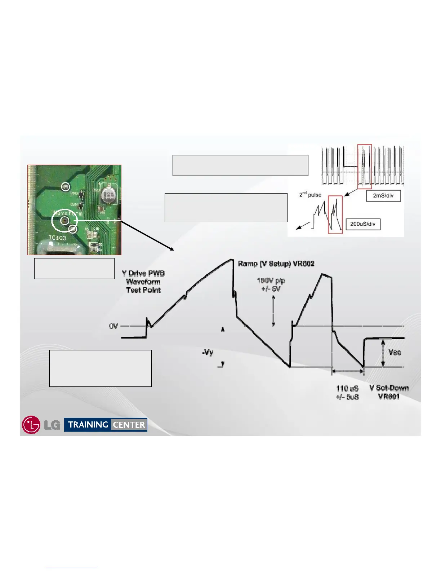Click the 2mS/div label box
point(383,196)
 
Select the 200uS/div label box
point(363,224)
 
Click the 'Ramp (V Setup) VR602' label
point(276,264)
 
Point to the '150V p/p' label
point(271,280)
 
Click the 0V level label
point(113,326)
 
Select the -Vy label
point(208,353)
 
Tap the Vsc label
point(395,352)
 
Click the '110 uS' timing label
point(347,388)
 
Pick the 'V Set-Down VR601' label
point(389,392)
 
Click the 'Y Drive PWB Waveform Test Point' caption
point(143,282)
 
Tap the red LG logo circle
point(31,425)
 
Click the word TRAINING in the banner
point(88,425)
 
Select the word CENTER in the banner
point(129,425)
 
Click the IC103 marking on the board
point(57,238)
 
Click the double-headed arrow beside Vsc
point(383,353)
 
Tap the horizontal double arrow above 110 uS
point(347,371)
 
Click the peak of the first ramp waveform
point(231,259)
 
